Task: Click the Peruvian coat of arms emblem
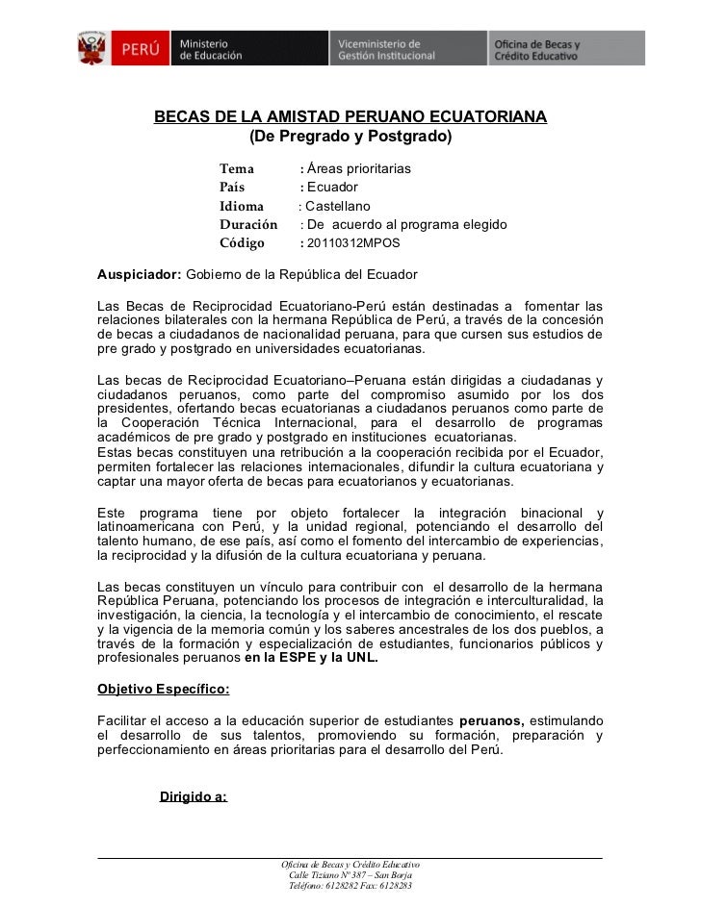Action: click(x=93, y=47)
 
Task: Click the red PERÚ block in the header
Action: click(x=140, y=47)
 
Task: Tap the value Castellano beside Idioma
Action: click(x=337, y=206)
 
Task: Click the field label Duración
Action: click(x=248, y=224)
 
